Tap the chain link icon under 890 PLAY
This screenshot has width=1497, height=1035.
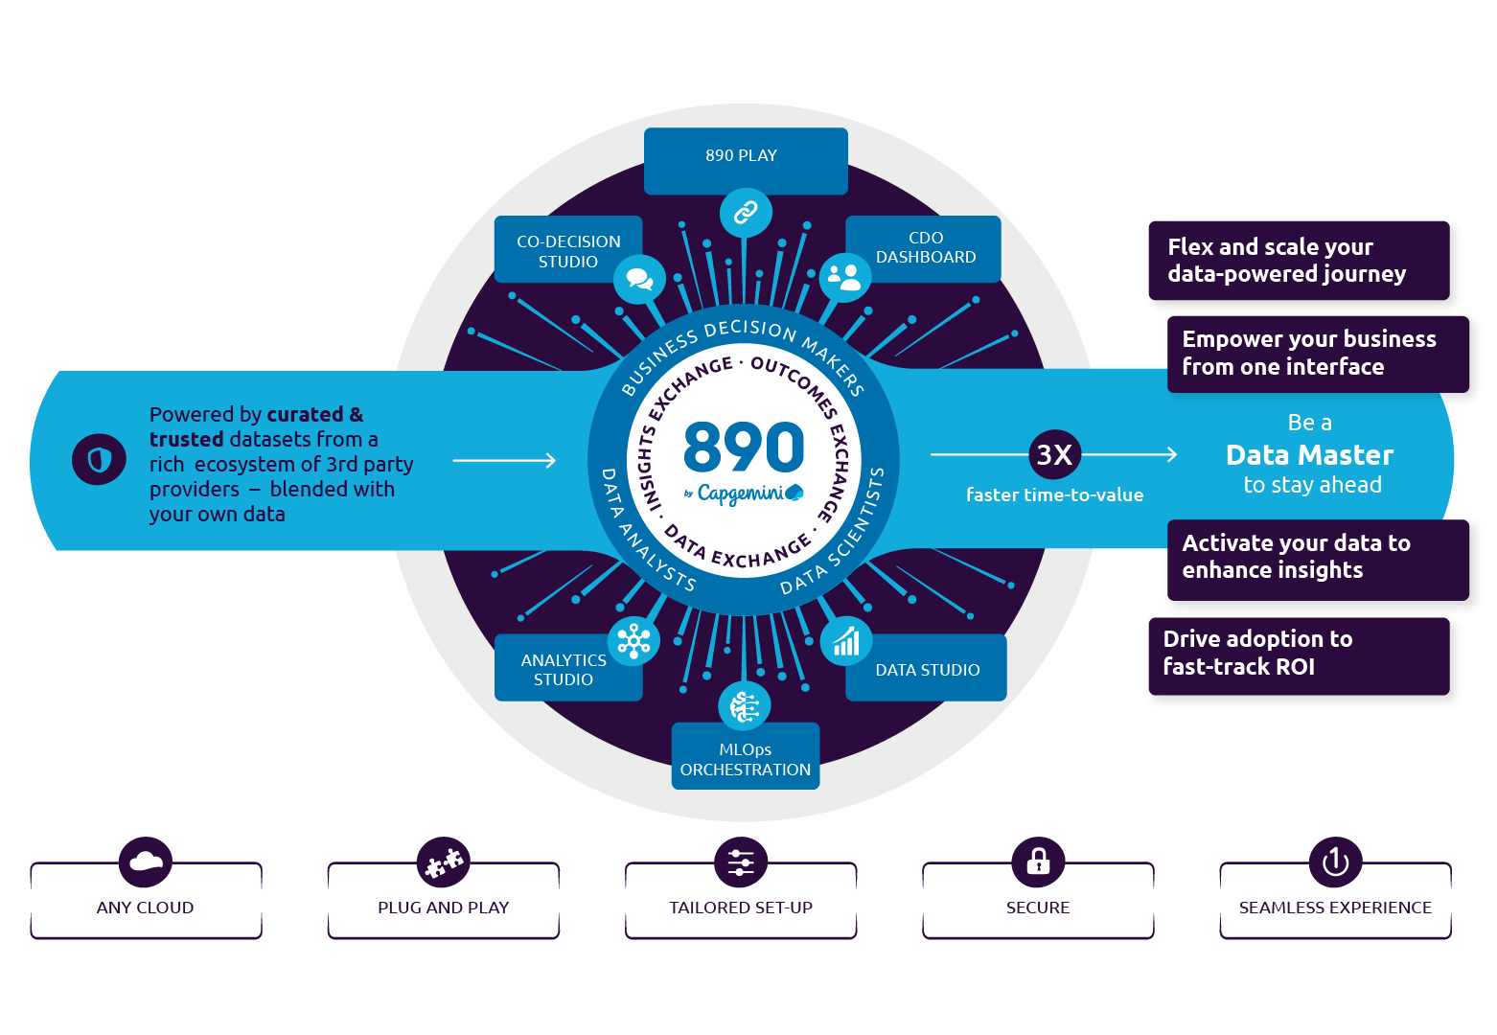click(746, 212)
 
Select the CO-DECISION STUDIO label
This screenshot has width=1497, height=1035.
click(567, 251)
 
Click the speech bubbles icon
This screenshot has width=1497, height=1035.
click(639, 279)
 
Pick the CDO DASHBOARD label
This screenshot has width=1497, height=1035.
click(925, 247)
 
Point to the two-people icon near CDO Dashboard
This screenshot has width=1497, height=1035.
click(844, 278)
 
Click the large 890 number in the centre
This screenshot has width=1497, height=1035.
click(744, 447)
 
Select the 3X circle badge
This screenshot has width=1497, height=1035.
click(1054, 454)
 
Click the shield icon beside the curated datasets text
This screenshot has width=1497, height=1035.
click(99, 460)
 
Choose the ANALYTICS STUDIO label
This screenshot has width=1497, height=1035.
click(564, 669)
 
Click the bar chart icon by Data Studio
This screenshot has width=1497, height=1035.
click(846, 641)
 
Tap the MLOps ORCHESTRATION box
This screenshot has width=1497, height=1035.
click(746, 758)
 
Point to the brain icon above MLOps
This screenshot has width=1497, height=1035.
click(745, 706)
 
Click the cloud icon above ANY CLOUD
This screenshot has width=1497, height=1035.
click(146, 862)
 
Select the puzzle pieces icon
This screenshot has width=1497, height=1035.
click(444, 862)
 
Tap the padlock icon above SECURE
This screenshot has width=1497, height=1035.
click(1038, 862)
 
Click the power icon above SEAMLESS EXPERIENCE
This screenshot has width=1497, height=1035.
click(1335, 862)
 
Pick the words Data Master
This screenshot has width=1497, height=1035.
click(1309, 454)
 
